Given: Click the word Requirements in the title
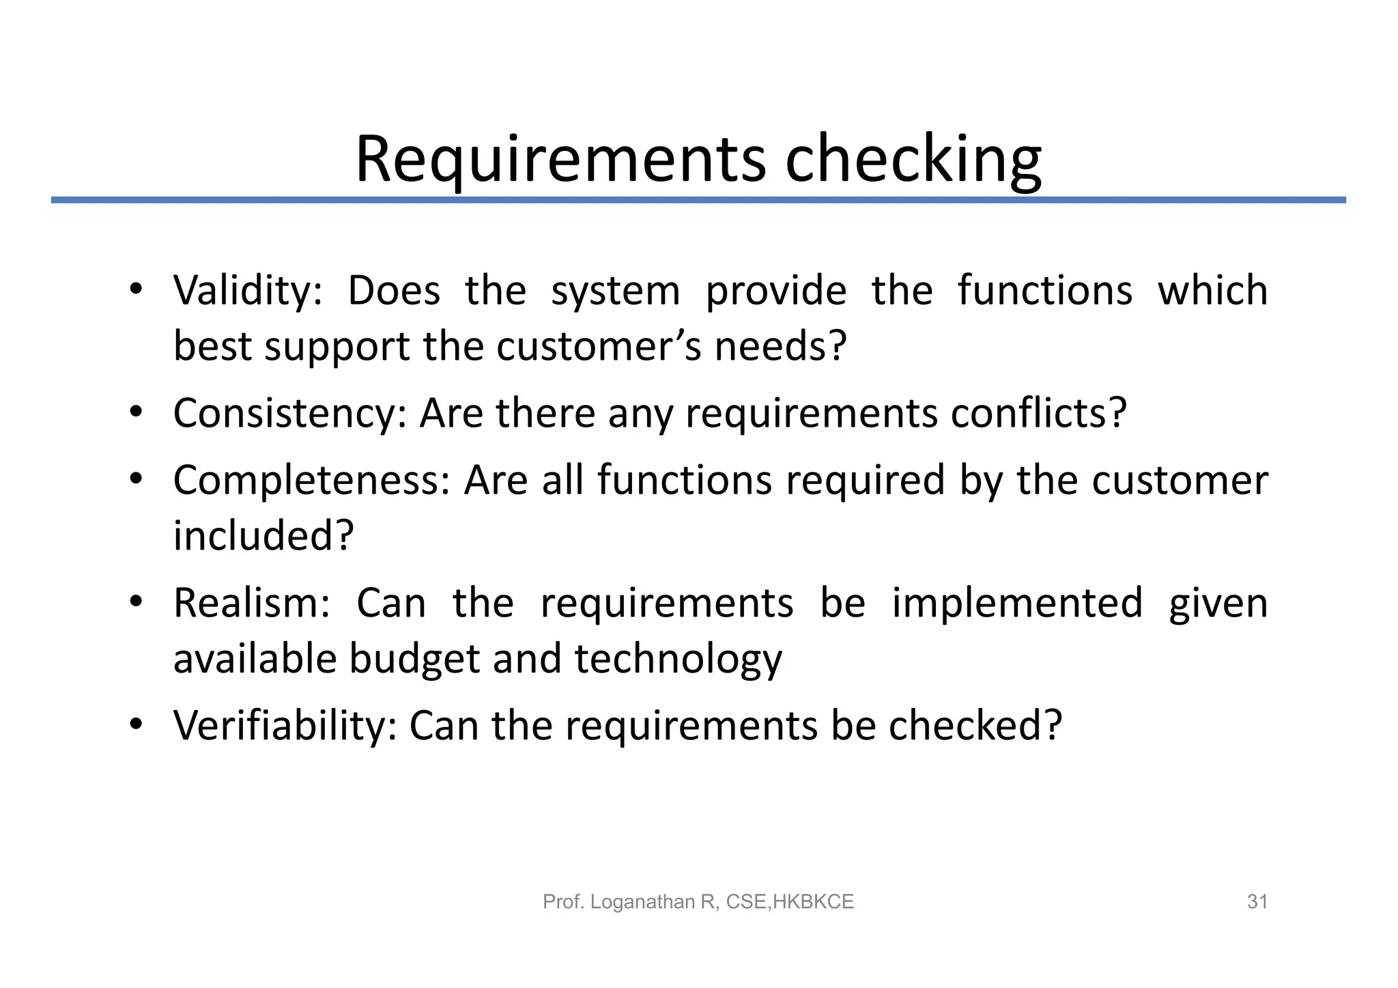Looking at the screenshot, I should click(x=560, y=160).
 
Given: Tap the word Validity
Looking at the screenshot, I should click(x=246, y=291).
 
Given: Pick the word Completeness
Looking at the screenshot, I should click(x=311, y=479).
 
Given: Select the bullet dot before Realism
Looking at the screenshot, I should click(x=136, y=601).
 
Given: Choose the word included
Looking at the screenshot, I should click(x=263, y=536).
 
